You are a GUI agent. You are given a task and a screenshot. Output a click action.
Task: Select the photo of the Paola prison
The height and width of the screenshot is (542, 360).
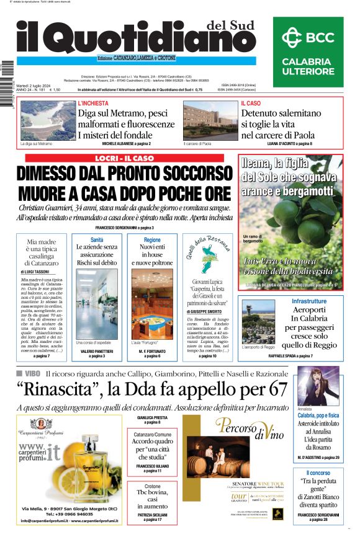[205, 121]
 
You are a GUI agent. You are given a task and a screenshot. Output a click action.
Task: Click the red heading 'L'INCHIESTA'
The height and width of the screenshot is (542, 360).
[92, 104]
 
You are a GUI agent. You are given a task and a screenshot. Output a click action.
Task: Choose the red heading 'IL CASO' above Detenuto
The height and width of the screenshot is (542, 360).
[251, 104]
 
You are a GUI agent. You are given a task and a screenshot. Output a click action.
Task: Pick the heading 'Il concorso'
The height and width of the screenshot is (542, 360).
[318, 474]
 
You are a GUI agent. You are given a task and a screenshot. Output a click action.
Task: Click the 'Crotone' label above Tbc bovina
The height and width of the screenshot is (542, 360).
[152, 486]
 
